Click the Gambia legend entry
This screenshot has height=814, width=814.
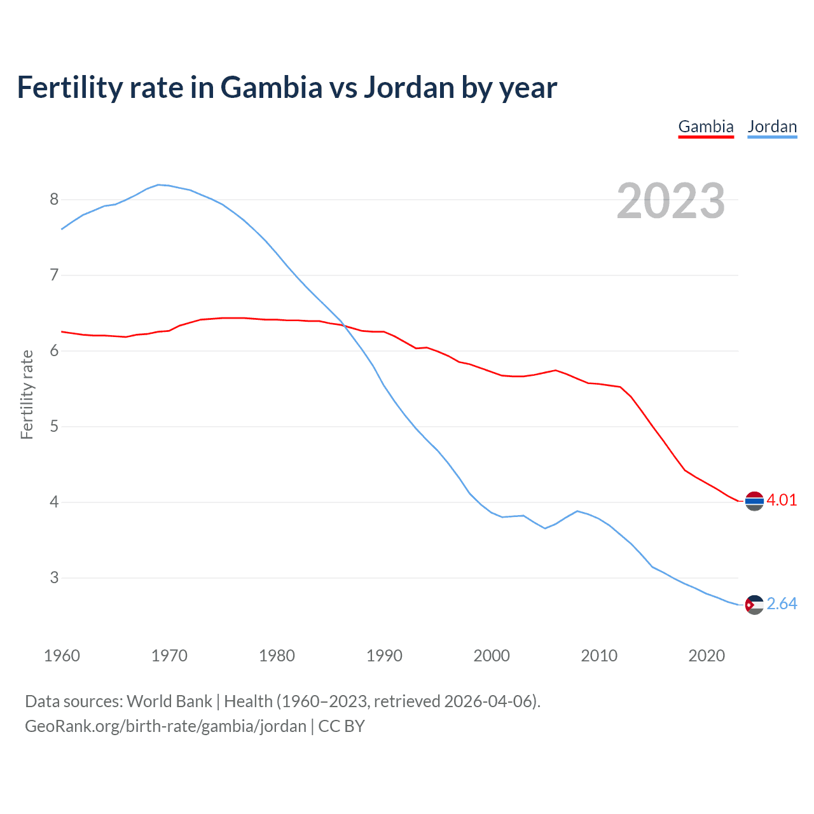pyautogui.click(x=706, y=127)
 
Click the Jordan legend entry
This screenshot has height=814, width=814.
pyautogui.click(x=772, y=127)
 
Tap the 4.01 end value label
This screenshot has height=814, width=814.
pyautogui.click(x=782, y=500)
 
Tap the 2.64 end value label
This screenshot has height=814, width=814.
pyautogui.click(x=782, y=604)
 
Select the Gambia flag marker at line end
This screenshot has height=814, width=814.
pyautogui.click(x=754, y=501)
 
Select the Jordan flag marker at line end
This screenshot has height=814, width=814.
pyautogui.click(x=754, y=604)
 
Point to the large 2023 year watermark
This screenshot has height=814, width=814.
pyautogui.click(x=670, y=201)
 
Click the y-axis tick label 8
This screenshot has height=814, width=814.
pyautogui.click(x=54, y=200)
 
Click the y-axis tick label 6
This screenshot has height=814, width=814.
pyautogui.click(x=54, y=351)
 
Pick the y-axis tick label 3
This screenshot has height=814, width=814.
pyautogui.click(x=54, y=578)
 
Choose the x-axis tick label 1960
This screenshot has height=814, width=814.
pyautogui.click(x=62, y=656)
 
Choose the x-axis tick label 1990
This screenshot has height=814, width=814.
pyautogui.click(x=384, y=656)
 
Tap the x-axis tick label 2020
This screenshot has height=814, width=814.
pyautogui.click(x=707, y=656)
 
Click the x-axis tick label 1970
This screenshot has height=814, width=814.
pyautogui.click(x=169, y=656)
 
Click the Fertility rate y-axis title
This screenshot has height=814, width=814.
pyautogui.click(x=27, y=394)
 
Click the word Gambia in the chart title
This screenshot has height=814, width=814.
pyautogui.click(x=272, y=88)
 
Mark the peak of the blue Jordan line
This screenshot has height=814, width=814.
pyautogui.click(x=159, y=185)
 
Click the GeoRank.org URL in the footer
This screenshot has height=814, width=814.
pyautogui.click(x=165, y=726)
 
